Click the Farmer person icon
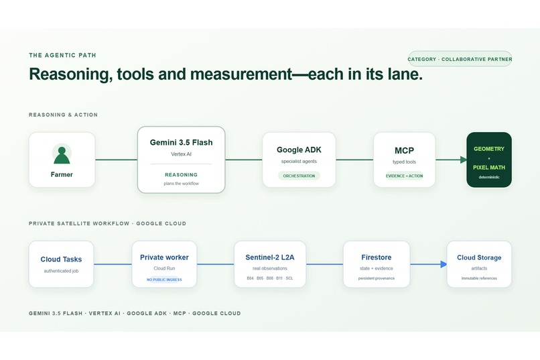click(62, 155)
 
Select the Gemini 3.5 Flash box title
click(181, 142)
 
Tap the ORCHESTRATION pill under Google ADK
click(299, 176)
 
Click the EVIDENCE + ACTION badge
click(404, 176)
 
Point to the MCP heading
click(404, 151)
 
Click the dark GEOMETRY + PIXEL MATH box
click(489, 160)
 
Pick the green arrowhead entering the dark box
click(464, 160)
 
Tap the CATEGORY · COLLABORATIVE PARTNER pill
click(460, 59)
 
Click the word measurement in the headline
click(241, 74)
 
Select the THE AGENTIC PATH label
click(63, 55)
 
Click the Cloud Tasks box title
click(61, 259)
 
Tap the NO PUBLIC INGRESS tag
click(164, 280)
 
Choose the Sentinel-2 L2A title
click(270, 257)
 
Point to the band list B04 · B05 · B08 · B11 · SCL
click(270, 278)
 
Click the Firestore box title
click(377, 257)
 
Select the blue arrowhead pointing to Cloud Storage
click(444, 264)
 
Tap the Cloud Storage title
click(479, 257)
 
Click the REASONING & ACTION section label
click(64, 115)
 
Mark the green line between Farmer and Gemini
click(116, 160)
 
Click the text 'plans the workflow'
click(181, 184)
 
